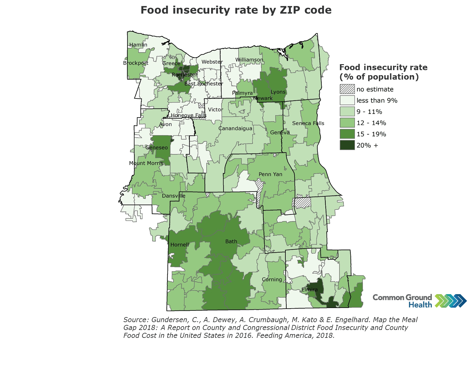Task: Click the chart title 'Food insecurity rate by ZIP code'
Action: pyautogui.click(x=236, y=10)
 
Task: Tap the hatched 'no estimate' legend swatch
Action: pyautogui.click(x=347, y=89)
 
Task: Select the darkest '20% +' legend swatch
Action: pyautogui.click(x=347, y=145)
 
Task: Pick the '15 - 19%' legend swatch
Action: pyautogui.click(x=347, y=134)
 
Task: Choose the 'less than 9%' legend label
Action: pyautogui.click(x=377, y=100)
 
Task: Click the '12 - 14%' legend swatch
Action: pyautogui.click(x=347, y=123)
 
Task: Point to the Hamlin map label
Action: pyautogui.click(x=138, y=45)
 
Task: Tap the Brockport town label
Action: pyautogui.click(x=136, y=63)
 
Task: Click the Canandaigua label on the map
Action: pyautogui.click(x=235, y=128)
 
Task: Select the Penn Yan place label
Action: pyautogui.click(x=270, y=174)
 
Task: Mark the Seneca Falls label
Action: pyautogui.click(x=308, y=123)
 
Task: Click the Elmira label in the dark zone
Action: pyautogui.click(x=310, y=289)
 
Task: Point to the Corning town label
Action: pyautogui.click(x=272, y=279)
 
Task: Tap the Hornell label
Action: pyautogui.click(x=180, y=245)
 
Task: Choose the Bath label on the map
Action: pyautogui.click(x=231, y=242)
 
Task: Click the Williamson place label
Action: pyautogui.click(x=249, y=60)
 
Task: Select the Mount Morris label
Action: pyautogui.click(x=146, y=163)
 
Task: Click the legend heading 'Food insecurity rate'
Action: pyautogui.click(x=383, y=67)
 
